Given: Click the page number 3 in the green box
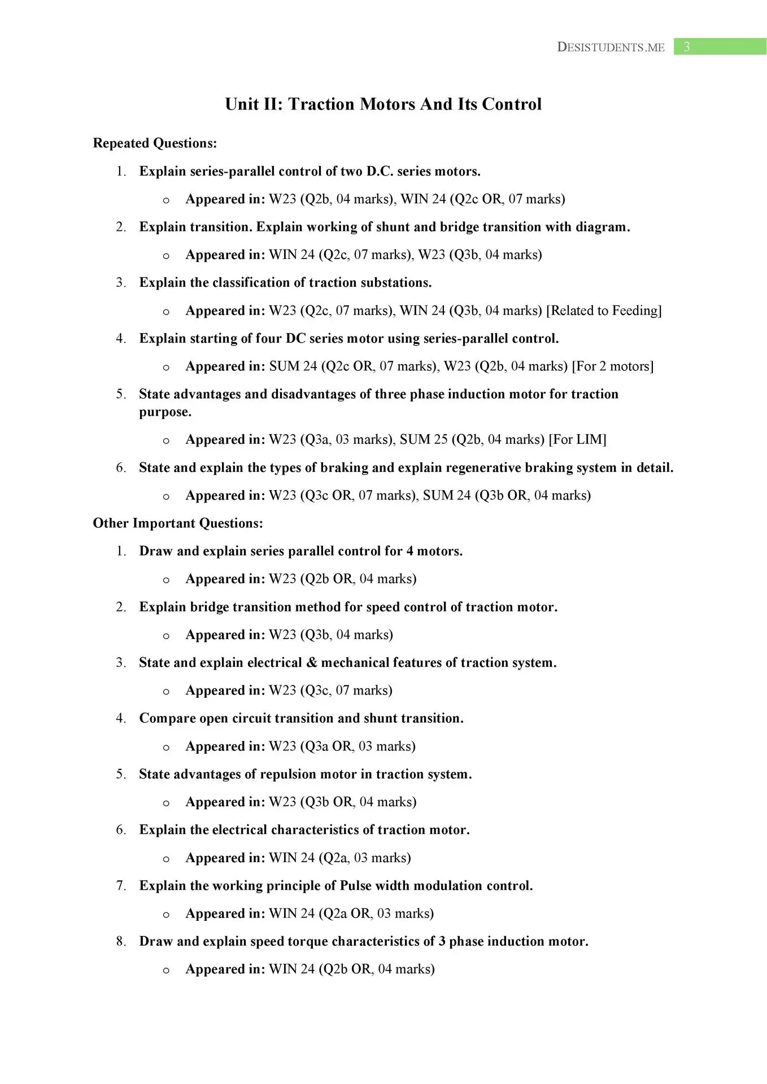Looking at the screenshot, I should pos(687,47).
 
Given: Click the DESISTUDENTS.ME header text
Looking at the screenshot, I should pos(611,47).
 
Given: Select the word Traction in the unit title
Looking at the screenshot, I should pos(321,104).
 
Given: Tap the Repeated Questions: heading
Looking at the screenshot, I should pos(155,143).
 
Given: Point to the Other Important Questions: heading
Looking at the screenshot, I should pos(178,523).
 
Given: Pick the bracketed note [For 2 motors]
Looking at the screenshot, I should pos(613,366).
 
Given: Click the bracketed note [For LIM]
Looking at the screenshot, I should pos(577,439).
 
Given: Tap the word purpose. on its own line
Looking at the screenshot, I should pos(165,412).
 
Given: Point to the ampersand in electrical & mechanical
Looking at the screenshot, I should pos(312,663).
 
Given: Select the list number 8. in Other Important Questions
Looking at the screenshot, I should pos(121,942).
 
